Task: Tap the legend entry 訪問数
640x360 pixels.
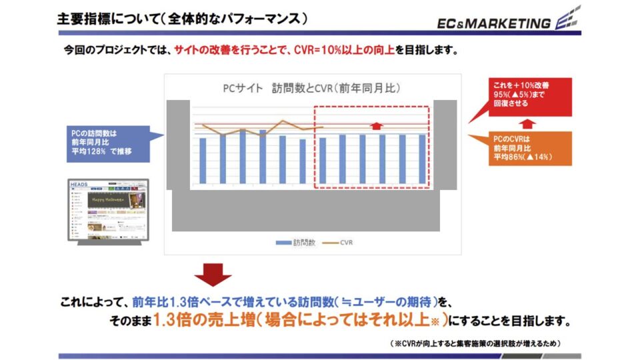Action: pyautogui.click(x=293, y=242)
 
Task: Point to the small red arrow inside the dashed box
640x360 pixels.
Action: pyautogui.click(x=377, y=125)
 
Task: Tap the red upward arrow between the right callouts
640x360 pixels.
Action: pyautogui.click(x=527, y=123)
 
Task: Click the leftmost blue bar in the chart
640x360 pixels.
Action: pyautogui.click(x=203, y=160)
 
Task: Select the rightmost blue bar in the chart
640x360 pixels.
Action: pyautogui.click(x=422, y=159)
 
